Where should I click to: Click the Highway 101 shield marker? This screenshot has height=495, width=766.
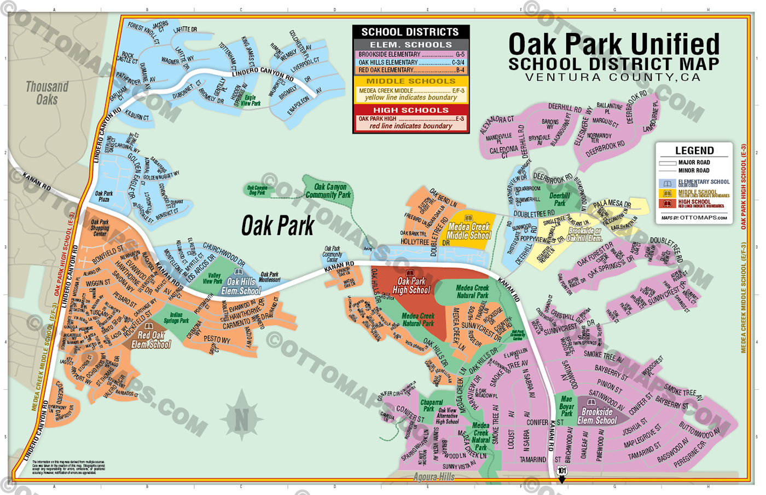click(x=562, y=471)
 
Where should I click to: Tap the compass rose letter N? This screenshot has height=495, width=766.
click(x=242, y=421)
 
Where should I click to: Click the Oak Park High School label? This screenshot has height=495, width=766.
click(x=411, y=285)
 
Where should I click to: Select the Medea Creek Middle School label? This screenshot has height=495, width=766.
click(x=469, y=231)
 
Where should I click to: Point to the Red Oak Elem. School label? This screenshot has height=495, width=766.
click(x=151, y=339)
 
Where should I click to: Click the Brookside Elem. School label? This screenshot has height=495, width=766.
click(x=597, y=416)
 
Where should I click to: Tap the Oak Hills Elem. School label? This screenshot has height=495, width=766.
click(x=241, y=286)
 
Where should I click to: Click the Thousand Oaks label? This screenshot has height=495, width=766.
click(x=47, y=93)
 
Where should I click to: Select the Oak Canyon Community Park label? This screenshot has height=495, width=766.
click(x=328, y=191)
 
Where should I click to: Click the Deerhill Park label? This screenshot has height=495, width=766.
click(x=559, y=199)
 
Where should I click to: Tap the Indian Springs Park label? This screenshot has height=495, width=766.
click(x=176, y=318)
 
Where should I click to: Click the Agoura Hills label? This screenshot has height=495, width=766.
click(x=433, y=477)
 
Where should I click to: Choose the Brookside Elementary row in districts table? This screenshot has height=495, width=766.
click(x=411, y=55)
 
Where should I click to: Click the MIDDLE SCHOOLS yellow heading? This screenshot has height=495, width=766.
click(x=411, y=81)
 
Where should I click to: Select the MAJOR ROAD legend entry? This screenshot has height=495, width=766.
click(x=694, y=163)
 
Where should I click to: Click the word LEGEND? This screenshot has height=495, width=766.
click(x=694, y=151)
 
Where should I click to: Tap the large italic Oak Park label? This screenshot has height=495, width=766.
click(x=278, y=226)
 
